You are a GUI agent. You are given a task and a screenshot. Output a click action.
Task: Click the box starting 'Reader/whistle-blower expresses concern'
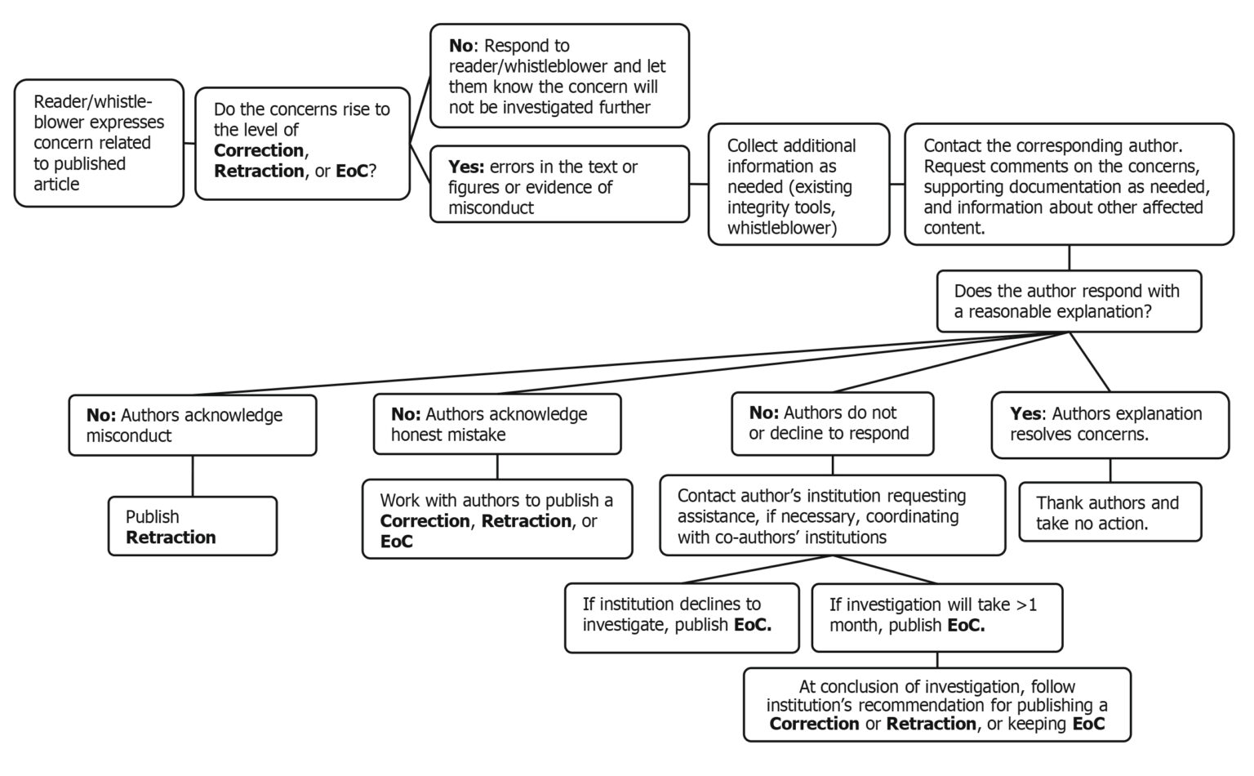pos(99,143)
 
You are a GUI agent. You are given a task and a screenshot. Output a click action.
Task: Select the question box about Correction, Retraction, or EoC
pos(302,144)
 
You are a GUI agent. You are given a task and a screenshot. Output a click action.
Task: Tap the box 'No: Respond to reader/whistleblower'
pos(559,76)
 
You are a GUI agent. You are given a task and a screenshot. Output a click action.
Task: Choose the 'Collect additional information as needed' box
pos(798,185)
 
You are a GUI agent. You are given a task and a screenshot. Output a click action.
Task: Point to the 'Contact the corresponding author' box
pos(1068,185)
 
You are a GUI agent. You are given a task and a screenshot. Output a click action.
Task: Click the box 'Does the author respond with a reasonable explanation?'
pos(1068,301)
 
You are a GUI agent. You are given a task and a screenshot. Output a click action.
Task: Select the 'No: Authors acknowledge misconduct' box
pos(192,425)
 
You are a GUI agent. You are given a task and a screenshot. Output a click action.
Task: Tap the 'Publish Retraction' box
pos(192,526)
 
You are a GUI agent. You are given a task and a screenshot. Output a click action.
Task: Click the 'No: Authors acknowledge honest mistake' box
pos(496,424)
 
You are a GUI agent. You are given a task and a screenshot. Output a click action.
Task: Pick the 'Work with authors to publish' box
pos(496,520)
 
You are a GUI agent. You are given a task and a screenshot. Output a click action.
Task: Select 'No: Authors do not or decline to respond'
pos(832,423)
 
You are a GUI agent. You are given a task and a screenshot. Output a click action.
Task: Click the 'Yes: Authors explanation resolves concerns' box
pos(1109,424)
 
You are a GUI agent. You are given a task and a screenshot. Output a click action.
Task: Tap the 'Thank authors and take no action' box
pos(1109,512)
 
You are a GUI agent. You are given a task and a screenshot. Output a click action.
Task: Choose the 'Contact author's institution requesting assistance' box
pos(832,515)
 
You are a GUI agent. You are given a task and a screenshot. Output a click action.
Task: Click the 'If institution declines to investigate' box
pos(681,618)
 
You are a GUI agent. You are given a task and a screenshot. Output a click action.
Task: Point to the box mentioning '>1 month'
pos(936,618)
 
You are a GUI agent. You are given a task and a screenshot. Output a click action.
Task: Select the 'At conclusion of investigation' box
pos(936,704)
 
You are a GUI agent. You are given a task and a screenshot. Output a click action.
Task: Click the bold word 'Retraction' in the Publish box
pos(171,537)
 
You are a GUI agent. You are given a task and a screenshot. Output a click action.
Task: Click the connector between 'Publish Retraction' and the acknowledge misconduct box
pos(193,475)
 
